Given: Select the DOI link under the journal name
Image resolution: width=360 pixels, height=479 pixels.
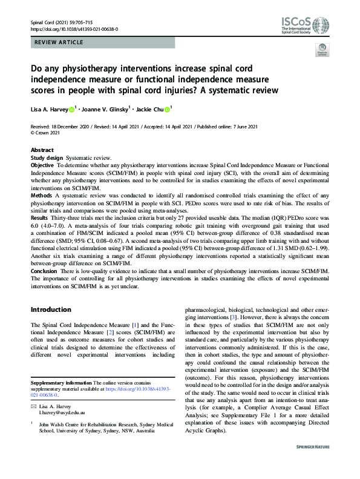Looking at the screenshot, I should pos(74,29).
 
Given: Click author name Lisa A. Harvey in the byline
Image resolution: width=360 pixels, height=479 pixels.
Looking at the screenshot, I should pos(51,110).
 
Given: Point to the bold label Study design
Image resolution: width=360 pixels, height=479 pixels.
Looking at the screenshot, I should pos(46,157).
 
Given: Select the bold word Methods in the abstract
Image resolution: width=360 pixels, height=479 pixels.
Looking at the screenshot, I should pos(42,196).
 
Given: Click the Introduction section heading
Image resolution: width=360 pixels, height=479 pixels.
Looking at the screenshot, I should pos(51,309).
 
